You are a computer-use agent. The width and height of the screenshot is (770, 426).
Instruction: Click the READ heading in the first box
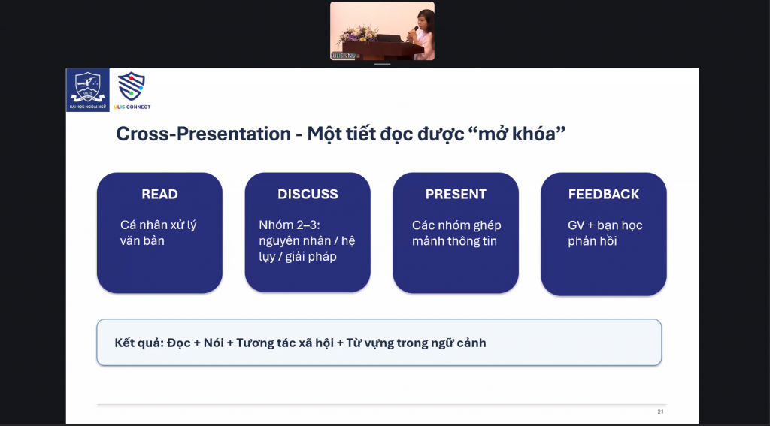(x=159, y=195)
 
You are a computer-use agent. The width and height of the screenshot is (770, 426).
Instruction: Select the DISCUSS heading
(x=308, y=195)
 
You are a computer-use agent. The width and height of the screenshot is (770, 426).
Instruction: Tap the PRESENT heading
(x=456, y=195)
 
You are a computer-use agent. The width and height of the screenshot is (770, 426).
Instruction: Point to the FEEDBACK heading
(x=604, y=195)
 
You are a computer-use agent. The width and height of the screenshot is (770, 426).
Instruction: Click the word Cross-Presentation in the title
(x=203, y=134)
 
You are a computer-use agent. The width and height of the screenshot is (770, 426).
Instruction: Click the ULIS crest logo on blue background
(x=88, y=90)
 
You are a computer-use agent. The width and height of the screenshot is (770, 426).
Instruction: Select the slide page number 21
(x=660, y=412)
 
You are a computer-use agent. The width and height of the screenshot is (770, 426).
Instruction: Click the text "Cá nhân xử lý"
(x=158, y=225)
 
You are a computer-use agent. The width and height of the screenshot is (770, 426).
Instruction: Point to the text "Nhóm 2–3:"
(x=290, y=225)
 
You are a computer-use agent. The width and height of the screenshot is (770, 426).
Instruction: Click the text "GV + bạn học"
(x=605, y=225)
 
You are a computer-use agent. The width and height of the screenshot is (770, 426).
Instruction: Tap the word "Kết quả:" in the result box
(x=138, y=343)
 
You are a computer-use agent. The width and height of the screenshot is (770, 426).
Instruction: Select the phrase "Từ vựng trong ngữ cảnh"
(x=417, y=343)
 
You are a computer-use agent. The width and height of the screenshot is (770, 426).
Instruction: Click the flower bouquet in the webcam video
(x=359, y=35)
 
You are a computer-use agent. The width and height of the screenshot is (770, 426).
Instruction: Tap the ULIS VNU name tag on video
(x=343, y=56)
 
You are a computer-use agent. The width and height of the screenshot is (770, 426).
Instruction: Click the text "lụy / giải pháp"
(x=298, y=257)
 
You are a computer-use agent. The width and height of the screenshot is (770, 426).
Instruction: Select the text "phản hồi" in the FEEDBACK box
(x=593, y=241)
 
